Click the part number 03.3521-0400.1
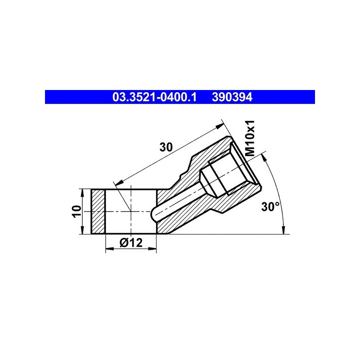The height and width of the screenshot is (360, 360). (x=154, y=97)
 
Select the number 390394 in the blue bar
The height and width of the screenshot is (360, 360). (x=232, y=97)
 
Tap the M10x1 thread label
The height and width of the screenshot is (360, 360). (x=250, y=138)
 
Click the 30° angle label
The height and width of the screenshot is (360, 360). (x=270, y=207)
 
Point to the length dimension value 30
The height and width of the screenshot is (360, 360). (x=166, y=147)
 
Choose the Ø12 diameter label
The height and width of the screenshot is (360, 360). (x=131, y=243)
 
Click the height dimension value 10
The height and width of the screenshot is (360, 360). (x=76, y=211)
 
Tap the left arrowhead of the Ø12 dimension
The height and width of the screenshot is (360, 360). (x=109, y=249)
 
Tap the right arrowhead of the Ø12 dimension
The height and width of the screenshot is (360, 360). (x=152, y=249)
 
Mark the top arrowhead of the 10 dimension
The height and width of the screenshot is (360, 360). (x=82, y=193)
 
